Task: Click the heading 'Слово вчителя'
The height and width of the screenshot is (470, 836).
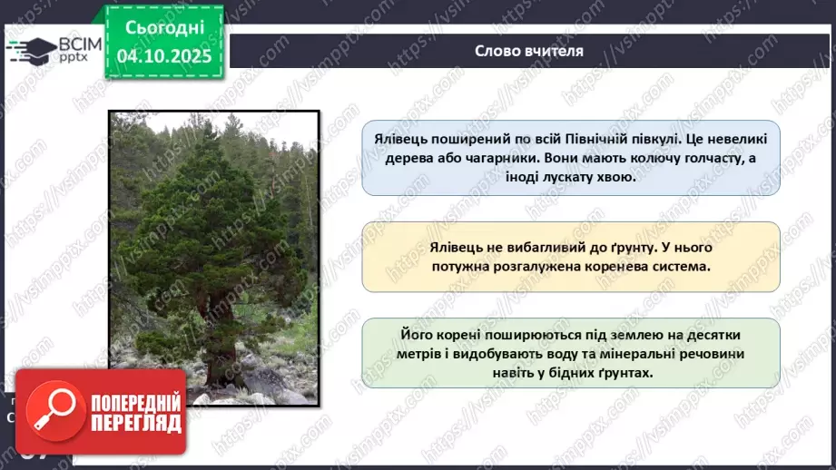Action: point(528,51)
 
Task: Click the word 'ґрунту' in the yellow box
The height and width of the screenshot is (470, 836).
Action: point(620,247)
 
